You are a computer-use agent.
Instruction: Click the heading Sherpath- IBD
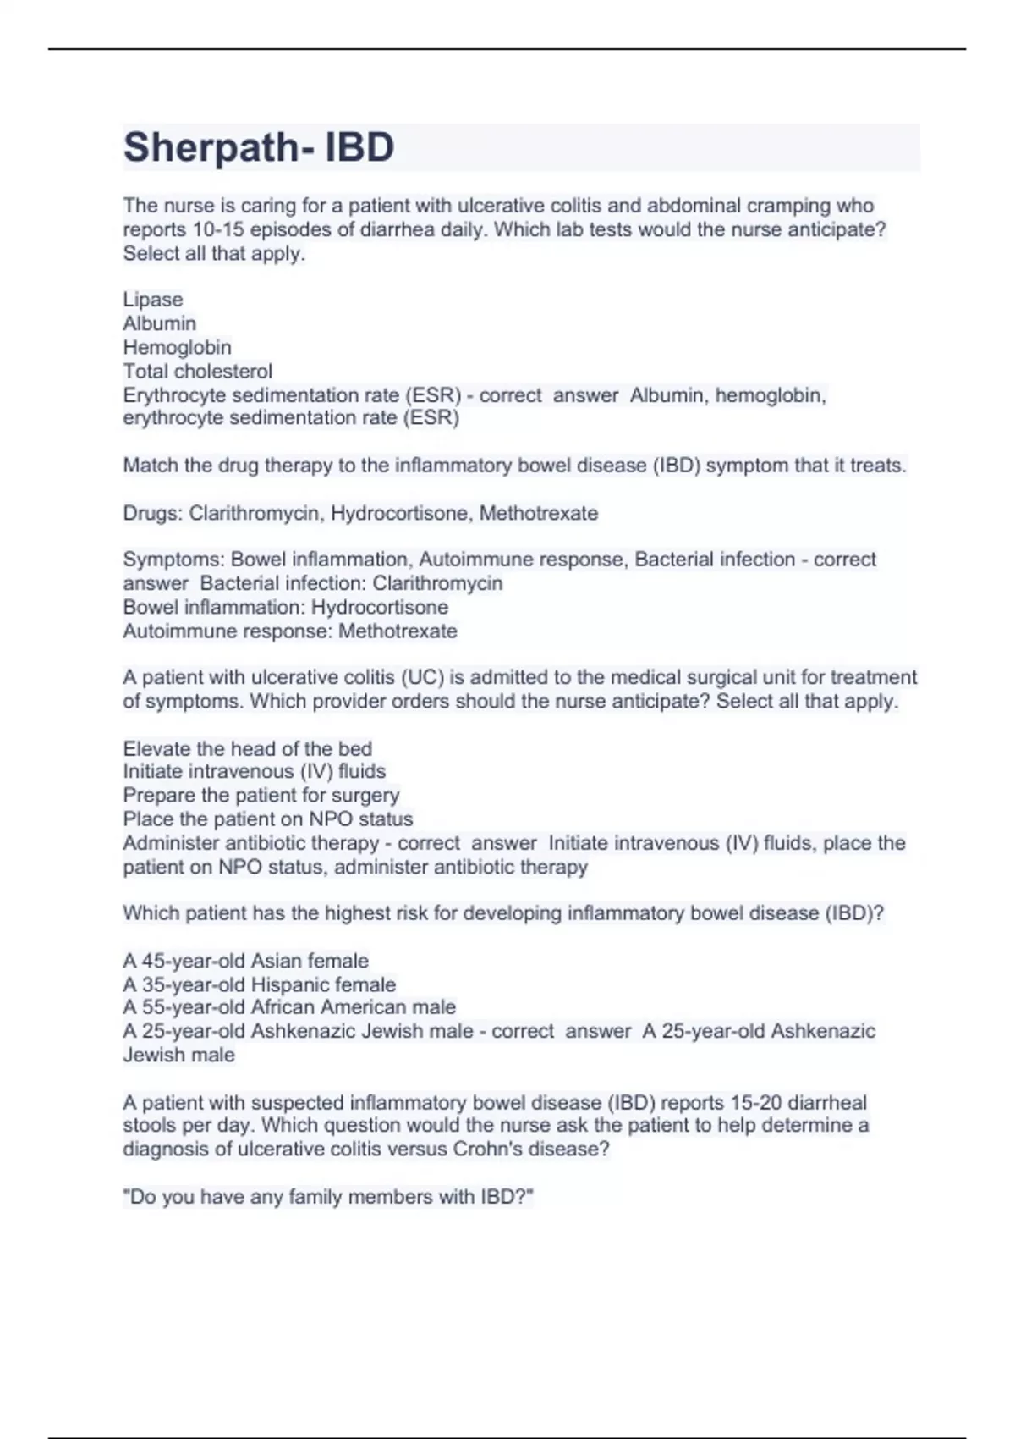(259, 146)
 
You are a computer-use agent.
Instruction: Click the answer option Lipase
(153, 300)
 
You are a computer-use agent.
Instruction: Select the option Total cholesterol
(198, 371)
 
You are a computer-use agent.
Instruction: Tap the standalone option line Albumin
(159, 323)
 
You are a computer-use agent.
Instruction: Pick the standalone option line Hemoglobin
(177, 347)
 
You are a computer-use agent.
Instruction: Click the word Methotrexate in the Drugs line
(539, 513)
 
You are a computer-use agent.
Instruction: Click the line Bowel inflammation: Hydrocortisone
(286, 607)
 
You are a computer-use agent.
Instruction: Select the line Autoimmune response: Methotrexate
(290, 631)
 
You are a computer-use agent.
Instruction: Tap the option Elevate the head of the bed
(247, 748)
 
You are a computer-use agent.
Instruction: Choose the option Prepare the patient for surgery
(261, 795)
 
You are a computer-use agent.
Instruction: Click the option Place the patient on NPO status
(268, 819)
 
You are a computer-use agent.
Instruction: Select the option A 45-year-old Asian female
(246, 961)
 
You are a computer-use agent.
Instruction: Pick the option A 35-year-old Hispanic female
(260, 984)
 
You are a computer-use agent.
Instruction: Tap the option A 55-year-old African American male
(289, 1007)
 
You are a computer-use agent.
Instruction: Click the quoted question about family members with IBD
(328, 1197)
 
